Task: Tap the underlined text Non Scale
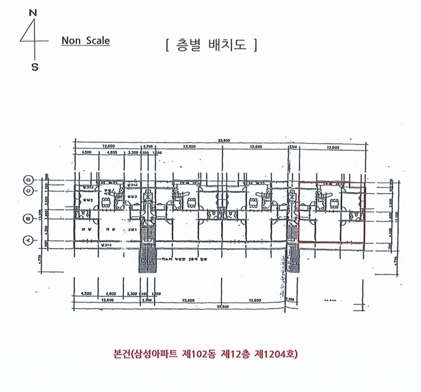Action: click(86, 41)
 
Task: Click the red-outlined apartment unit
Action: click(332, 212)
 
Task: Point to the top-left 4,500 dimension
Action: click(86, 152)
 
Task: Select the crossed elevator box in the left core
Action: click(147, 196)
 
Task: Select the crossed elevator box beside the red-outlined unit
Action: click(293, 196)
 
